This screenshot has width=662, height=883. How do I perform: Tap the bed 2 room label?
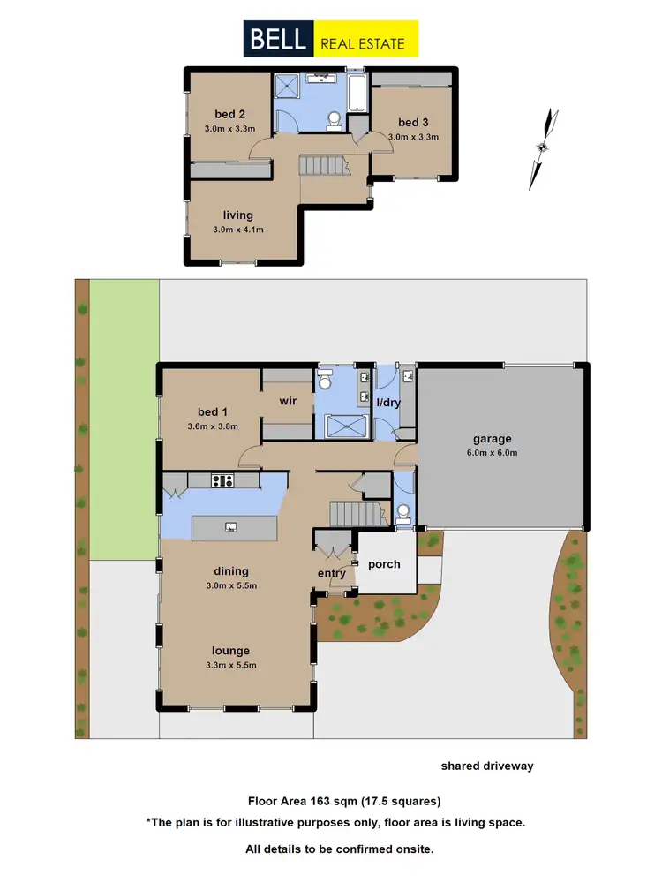pos(229,113)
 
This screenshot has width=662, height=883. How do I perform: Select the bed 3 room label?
pos(412,122)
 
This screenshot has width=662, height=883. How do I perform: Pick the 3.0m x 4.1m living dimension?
pos(238,230)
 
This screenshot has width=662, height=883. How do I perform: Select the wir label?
pos(288,401)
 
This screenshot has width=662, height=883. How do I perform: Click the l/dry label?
pos(389,403)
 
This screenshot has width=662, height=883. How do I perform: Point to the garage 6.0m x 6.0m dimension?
pos(500,453)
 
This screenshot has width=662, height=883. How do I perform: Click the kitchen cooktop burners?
pos(222,481)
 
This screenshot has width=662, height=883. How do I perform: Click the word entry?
pos(332,573)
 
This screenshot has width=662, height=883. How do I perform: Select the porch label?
pos(384,563)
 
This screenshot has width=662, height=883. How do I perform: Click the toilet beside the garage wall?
pos(402,511)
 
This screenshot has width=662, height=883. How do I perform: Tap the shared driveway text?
pos(487,766)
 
